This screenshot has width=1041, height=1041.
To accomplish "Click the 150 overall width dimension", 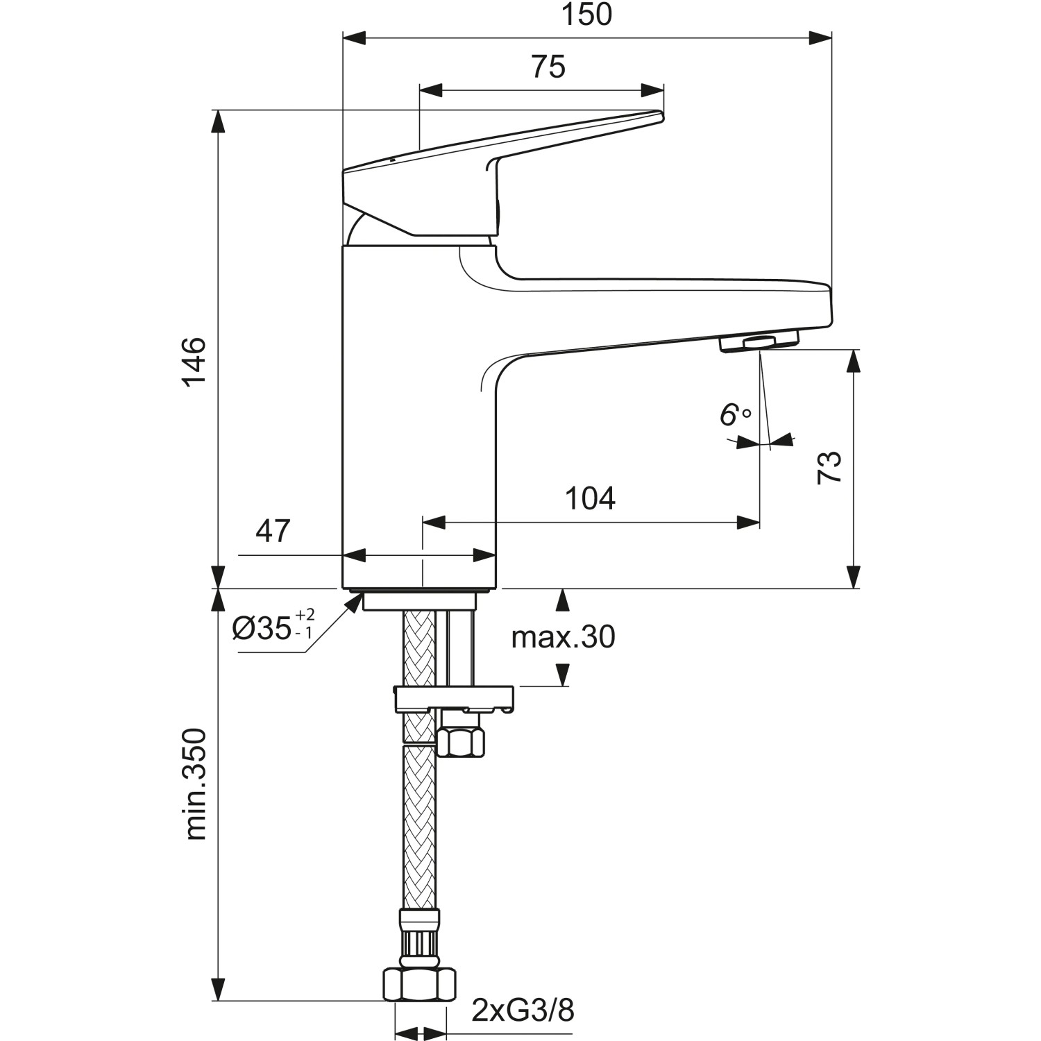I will tap(586, 15).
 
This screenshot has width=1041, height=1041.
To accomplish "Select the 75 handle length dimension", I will tap(548, 67).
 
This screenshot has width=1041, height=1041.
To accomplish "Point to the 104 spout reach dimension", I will tap(590, 498).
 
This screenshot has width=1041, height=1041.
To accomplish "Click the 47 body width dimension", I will tap(273, 532).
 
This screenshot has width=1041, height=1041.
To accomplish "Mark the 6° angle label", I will tap(734, 416).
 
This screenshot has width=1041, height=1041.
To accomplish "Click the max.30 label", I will tap(563, 637).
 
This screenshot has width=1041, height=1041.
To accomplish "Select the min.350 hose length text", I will tap(196, 784).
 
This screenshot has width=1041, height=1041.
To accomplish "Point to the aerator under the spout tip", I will tap(759, 342).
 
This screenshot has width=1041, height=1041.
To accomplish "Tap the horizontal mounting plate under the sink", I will tap(455, 697).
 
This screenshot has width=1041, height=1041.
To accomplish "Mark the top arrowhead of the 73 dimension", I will tap(854, 360).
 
